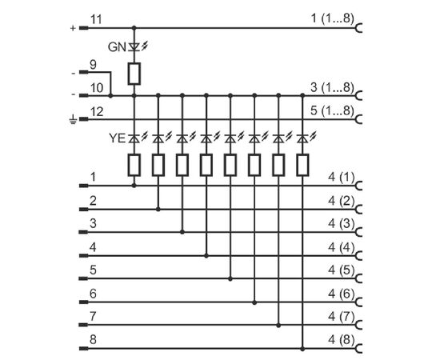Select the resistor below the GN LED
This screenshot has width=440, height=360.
134,74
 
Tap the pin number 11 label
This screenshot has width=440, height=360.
96,20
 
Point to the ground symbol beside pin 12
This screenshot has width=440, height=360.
73,119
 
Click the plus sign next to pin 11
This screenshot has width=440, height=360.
73,28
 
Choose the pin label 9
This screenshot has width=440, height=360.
93,65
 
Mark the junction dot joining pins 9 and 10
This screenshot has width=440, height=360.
110,96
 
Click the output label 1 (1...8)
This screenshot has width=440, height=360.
332,18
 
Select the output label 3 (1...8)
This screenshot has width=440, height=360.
332,87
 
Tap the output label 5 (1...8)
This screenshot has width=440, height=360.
332,110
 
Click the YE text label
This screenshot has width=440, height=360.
117,138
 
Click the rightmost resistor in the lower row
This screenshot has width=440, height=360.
302,165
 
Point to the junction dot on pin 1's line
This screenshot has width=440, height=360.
134,186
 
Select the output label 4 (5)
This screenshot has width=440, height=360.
342,270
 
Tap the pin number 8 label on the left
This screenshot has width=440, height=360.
93,339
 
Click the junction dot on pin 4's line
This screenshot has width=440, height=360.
206,256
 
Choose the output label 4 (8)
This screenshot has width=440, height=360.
342,340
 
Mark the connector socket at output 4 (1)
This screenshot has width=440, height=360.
358,186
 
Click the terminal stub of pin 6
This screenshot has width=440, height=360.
84,302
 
